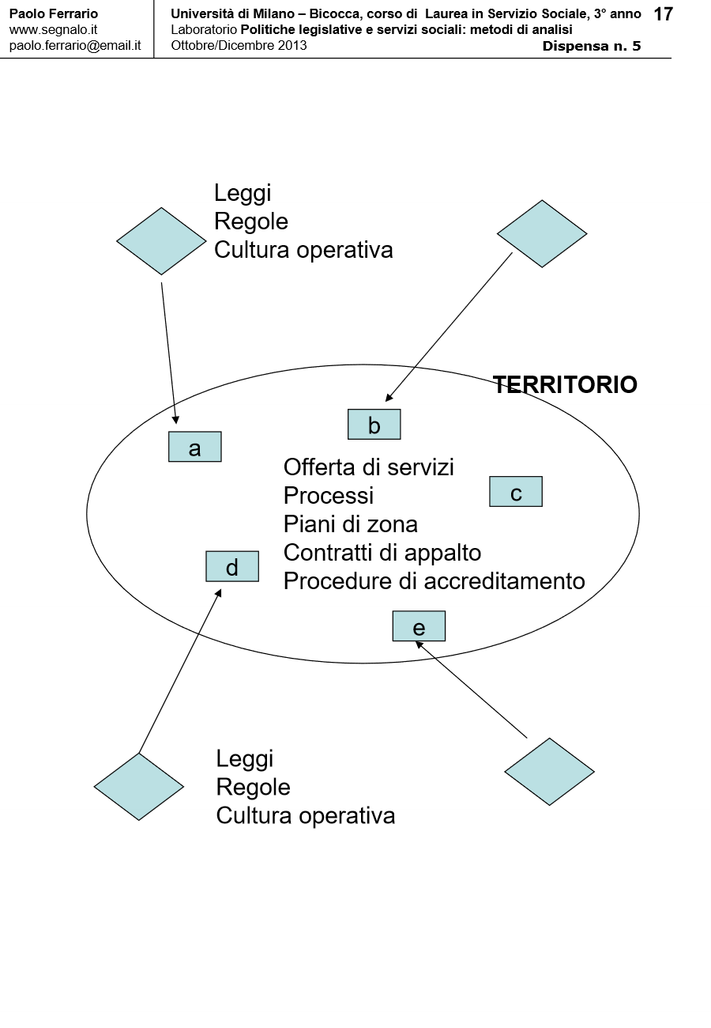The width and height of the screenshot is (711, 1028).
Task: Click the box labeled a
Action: pyautogui.click(x=194, y=447)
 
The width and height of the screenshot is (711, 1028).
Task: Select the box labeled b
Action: pyautogui.click(x=374, y=425)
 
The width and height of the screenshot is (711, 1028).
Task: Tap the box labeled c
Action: pyautogui.click(x=515, y=492)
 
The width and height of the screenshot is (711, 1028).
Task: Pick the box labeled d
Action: pyautogui.click(x=231, y=566)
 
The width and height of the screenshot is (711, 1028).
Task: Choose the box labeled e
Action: pyautogui.click(x=419, y=626)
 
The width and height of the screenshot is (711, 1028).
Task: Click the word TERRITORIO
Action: pyautogui.click(x=565, y=385)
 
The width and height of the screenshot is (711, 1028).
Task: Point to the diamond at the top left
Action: pyautogui.click(x=161, y=241)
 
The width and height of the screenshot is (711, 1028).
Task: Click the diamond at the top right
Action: pyautogui.click(x=542, y=233)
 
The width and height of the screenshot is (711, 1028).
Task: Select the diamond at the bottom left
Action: pyautogui.click(x=139, y=786)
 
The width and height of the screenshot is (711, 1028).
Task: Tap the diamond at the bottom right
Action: pyautogui.click(x=549, y=772)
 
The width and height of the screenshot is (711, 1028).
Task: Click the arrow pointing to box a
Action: pyautogui.click(x=170, y=353)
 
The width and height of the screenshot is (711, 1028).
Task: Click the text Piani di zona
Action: pyautogui.click(x=350, y=524)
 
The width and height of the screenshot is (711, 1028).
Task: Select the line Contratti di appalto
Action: pyautogui.click(x=382, y=553)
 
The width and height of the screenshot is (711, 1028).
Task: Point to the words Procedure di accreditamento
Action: pyautogui.click(x=434, y=581)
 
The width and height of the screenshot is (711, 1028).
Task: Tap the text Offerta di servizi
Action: pyautogui.click(x=368, y=467)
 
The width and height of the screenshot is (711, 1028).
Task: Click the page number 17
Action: pyautogui.click(x=664, y=14)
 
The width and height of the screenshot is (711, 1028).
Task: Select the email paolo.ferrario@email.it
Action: pyautogui.click(x=75, y=45)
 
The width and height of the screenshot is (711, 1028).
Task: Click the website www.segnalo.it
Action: pyautogui.click(x=53, y=29)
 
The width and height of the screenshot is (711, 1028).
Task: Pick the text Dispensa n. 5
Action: pyautogui.click(x=592, y=46)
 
